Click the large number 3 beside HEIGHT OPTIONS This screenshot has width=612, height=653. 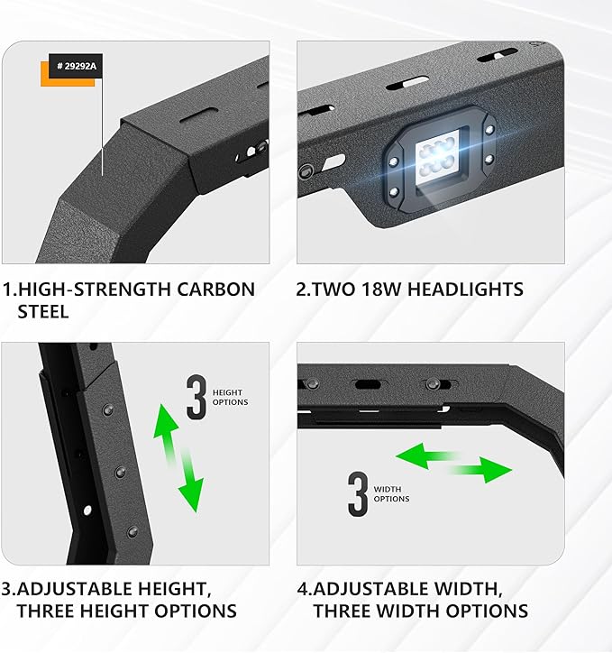coord(196,398)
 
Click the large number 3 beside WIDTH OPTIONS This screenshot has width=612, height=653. coord(358,492)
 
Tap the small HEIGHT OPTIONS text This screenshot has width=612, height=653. coord(230,397)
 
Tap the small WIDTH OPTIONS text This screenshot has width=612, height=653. coord(390,493)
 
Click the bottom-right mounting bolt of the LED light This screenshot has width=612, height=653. coord(488,159)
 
